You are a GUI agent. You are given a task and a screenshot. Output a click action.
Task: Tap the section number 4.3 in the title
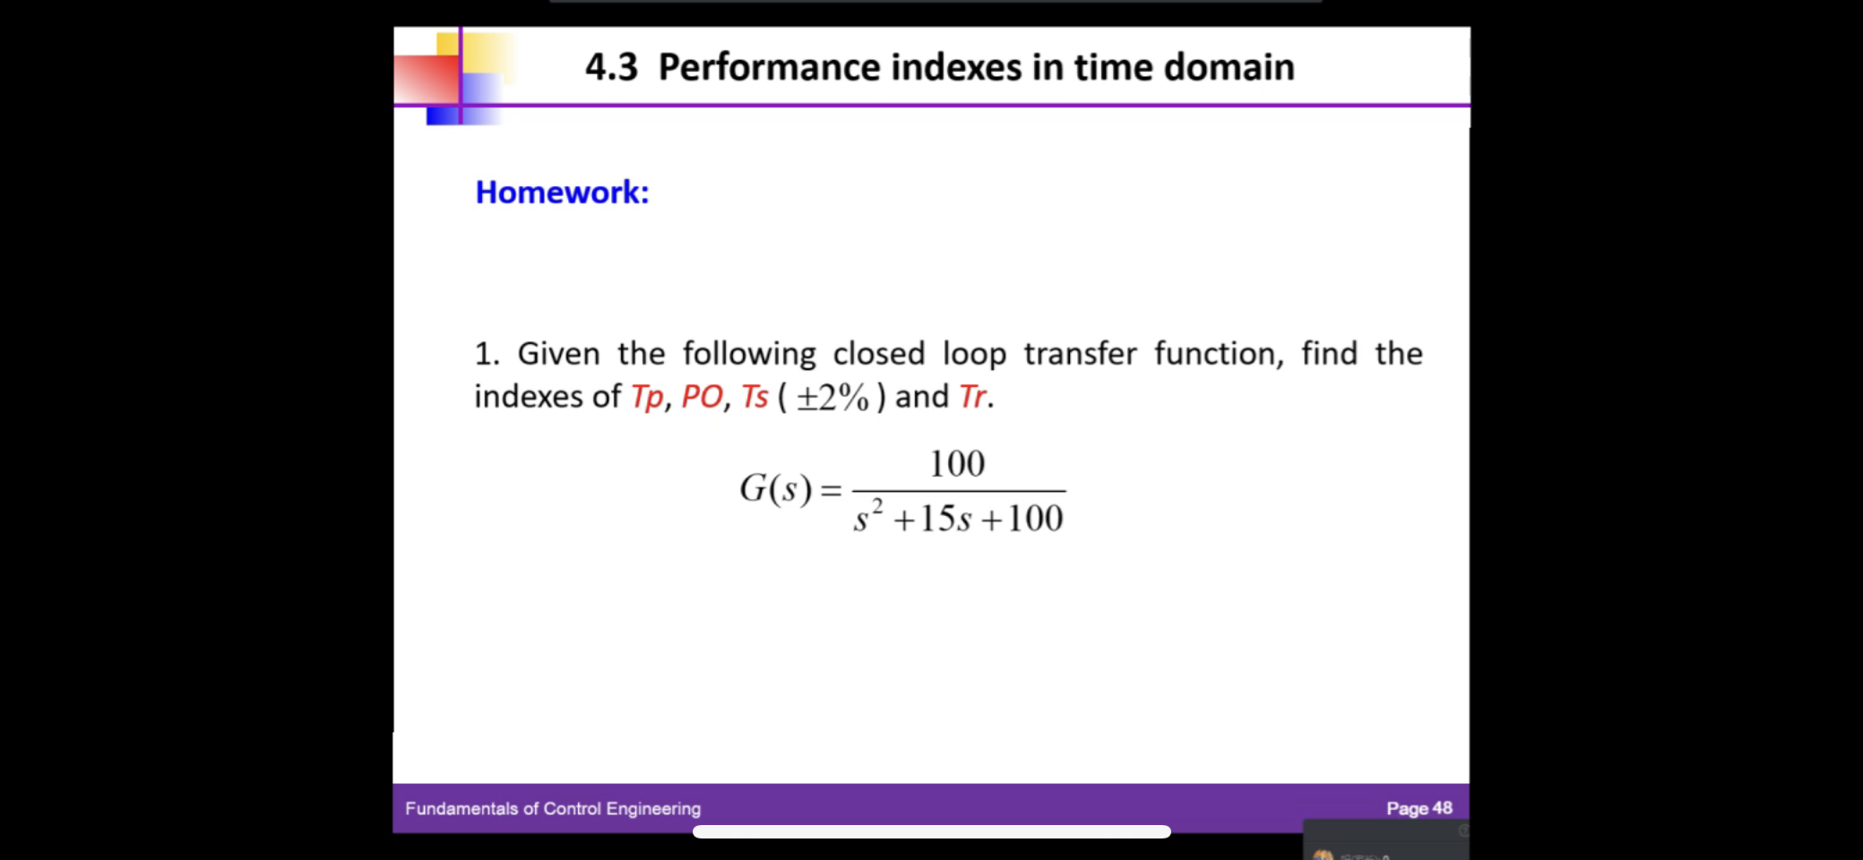click(611, 67)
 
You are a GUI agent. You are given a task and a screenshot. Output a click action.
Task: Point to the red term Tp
click(647, 397)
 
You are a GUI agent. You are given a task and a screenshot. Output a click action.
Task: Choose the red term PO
click(702, 397)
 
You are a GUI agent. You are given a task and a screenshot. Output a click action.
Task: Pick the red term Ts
click(755, 397)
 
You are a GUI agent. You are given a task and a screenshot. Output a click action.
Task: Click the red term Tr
click(972, 397)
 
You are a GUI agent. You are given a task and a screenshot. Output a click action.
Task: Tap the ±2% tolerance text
click(832, 398)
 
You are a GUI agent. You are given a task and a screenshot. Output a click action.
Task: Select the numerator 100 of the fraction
click(957, 464)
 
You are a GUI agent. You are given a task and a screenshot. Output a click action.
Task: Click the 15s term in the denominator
click(945, 519)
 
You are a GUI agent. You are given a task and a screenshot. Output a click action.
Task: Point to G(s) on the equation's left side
click(775, 489)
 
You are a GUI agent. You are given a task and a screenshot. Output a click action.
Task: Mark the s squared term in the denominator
click(867, 517)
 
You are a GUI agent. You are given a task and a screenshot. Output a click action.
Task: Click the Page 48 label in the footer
click(1419, 808)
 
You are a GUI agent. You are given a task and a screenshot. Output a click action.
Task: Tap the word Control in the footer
click(572, 809)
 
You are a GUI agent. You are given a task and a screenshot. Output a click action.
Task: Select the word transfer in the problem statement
click(1080, 354)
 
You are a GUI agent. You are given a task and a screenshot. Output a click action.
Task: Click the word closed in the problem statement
click(878, 354)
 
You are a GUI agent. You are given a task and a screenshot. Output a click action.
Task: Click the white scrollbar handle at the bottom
click(931, 832)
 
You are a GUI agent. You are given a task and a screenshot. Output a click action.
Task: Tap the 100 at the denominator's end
click(1035, 519)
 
